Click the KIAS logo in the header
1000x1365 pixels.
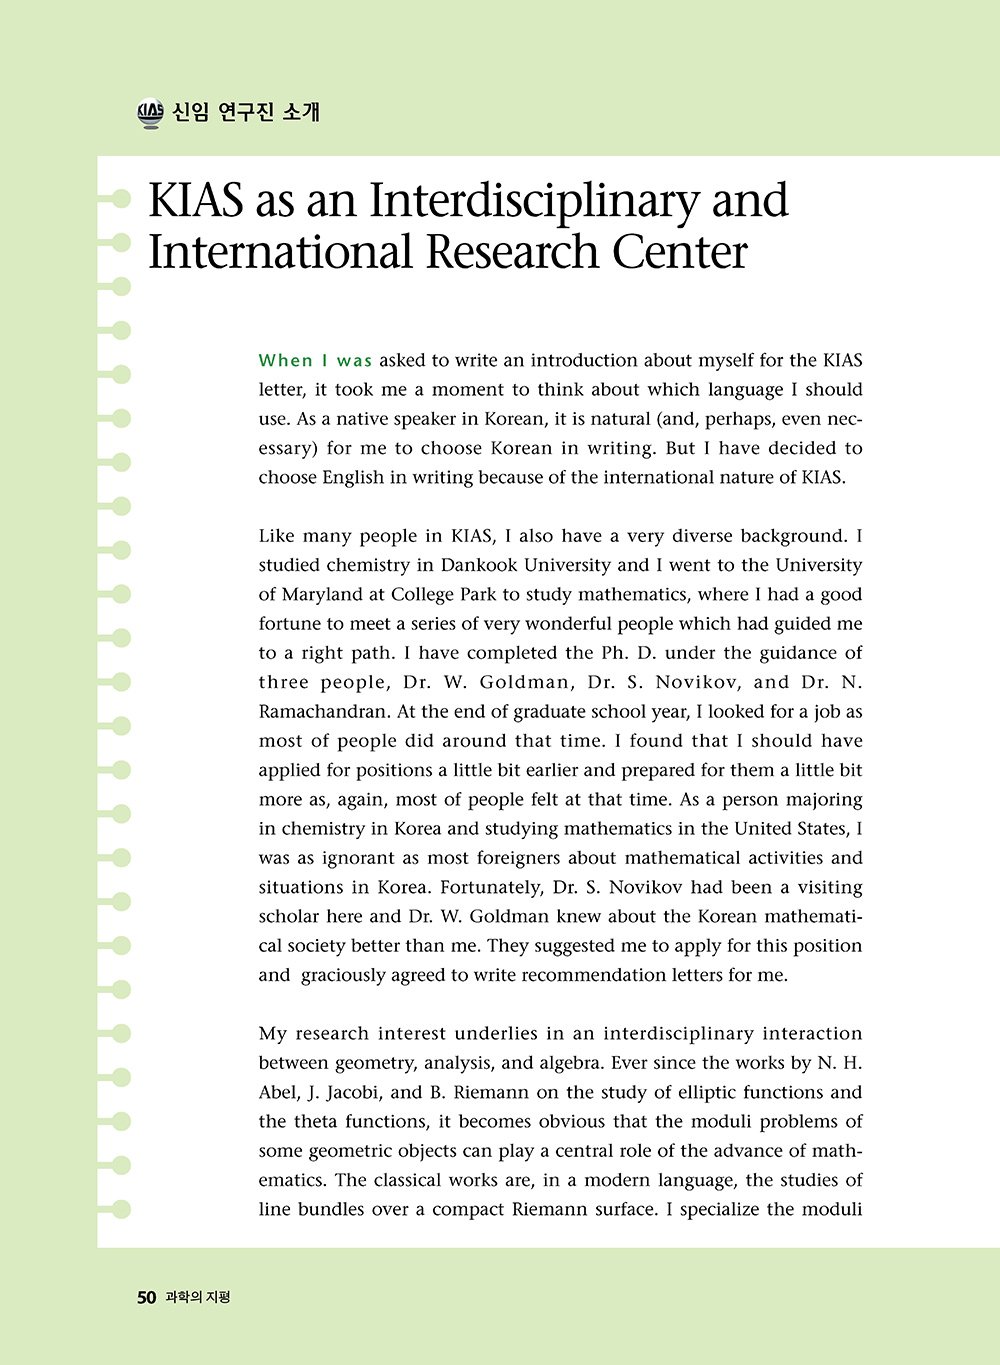click(x=150, y=113)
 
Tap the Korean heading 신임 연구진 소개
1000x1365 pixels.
click(x=246, y=112)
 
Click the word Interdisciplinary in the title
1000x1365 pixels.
click(x=535, y=201)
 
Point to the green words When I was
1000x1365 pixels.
click(x=315, y=361)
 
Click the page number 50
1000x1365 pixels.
click(x=147, y=1297)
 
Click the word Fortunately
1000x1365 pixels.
click(x=489, y=887)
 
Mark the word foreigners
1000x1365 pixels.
click(x=523, y=858)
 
